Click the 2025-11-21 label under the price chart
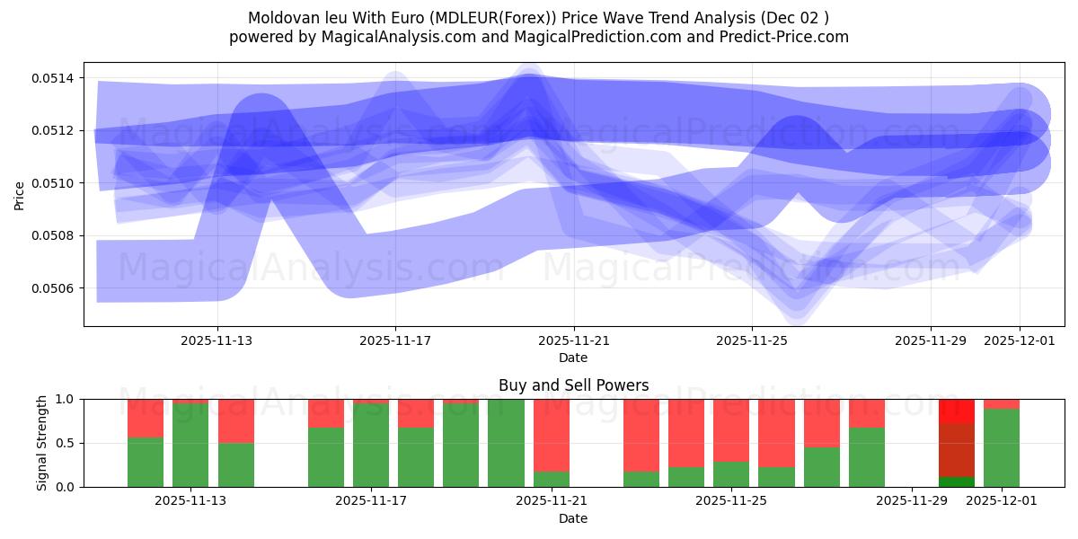click(573, 340)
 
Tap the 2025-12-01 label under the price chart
click(1019, 340)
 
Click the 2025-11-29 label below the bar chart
click(911, 500)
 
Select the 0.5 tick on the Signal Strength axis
click(67, 443)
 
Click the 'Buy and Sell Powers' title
click(573, 385)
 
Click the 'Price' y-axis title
click(20, 195)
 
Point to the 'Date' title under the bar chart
click(573, 518)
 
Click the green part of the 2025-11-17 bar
click(371, 445)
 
